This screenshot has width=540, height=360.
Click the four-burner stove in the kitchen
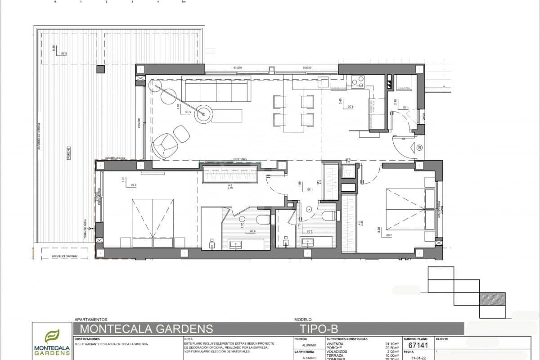click(x=358, y=81)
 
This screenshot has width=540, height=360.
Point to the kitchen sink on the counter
click(x=324, y=82)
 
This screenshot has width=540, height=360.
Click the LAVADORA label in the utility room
click(x=404, y=89)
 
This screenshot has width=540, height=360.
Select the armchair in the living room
click(x=162, y=144)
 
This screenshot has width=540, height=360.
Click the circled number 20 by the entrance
click(x=419, y=147)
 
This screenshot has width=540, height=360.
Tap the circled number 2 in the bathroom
click(x=309, y=209)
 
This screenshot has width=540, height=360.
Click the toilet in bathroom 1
click(x=263, y=220)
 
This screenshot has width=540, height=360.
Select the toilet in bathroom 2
click(x=329, y=216)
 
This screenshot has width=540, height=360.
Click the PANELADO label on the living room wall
click(x=239, y=159)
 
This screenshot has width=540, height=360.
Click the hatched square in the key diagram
click(x=492, y=299)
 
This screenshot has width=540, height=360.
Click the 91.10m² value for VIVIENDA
click(x=390, y=344)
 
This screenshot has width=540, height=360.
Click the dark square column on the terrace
click(x=100, y=69)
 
